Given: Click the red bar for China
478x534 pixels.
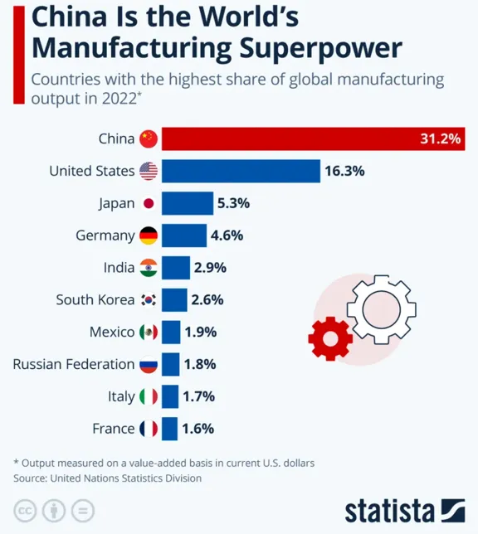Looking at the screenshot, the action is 314,138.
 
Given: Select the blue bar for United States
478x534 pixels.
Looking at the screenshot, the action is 241,171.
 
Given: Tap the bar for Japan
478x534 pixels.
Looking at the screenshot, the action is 188,203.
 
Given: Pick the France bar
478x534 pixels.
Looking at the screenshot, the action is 169,429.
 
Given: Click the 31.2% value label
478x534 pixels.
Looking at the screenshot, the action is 440,138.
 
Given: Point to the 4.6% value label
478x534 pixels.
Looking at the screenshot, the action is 227,235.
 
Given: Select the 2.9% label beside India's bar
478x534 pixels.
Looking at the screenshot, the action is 210,268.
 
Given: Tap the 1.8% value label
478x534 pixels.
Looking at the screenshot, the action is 200,364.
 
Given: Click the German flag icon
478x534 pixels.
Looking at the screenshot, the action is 149,235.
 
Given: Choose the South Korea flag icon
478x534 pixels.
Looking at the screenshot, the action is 149,299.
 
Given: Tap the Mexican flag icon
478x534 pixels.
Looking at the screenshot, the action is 149,332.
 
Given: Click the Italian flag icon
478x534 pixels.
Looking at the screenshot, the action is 149,396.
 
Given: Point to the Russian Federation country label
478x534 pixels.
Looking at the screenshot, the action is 74,364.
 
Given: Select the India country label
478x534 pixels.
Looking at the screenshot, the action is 119,268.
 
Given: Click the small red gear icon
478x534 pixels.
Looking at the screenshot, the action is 330,338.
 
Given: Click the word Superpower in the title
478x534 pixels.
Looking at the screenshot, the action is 320,48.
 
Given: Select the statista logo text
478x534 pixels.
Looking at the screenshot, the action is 390,511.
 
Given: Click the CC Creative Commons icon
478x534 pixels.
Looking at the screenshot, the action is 25,511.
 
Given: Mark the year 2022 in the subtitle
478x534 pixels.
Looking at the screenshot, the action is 119,99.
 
